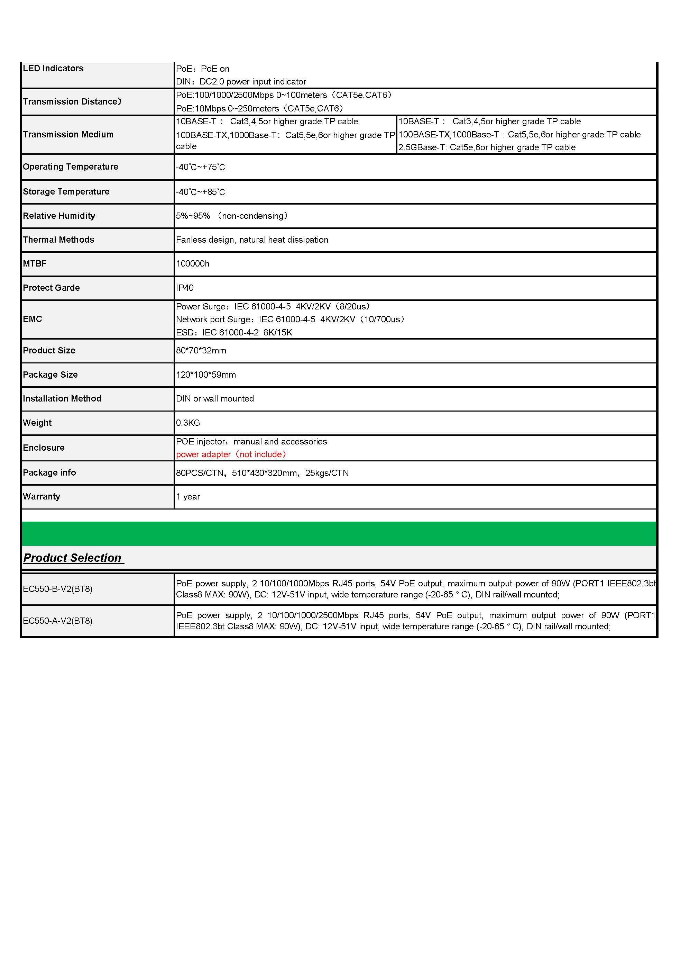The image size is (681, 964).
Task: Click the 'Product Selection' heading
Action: (x=72, y=558)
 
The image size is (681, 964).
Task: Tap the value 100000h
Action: (x=193, y=264)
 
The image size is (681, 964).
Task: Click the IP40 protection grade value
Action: (x=185, y=288)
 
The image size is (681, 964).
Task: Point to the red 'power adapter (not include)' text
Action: (x=231, y=454)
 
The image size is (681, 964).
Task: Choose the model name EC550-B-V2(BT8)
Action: (x=57, y=589)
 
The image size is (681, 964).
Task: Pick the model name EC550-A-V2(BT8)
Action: (x=57, y=621)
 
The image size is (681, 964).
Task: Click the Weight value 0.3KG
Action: (x=188, y=423)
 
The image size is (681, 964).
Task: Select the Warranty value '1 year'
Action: (x=188, y=497)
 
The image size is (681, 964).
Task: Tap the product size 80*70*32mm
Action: (x=201, y=351)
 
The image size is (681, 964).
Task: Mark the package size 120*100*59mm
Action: (x=206, y=375)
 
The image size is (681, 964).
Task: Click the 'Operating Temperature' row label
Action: (x=71, y=167)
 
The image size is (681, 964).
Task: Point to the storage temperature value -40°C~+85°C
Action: (x=201, y=192)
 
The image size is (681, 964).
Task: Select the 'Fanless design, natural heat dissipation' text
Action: (x=252, y=240)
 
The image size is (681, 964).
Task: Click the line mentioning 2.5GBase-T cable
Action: (x=487, y=147)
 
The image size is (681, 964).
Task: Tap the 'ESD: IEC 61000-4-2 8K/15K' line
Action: (x=234, y=333)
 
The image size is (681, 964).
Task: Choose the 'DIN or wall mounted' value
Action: (x=215, y=399)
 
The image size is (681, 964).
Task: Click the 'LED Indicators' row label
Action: (x=53, y=69)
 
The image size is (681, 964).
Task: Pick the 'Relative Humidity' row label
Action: (x=59, y=216)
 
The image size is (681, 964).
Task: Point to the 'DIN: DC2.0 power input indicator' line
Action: (x=241, y=81)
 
